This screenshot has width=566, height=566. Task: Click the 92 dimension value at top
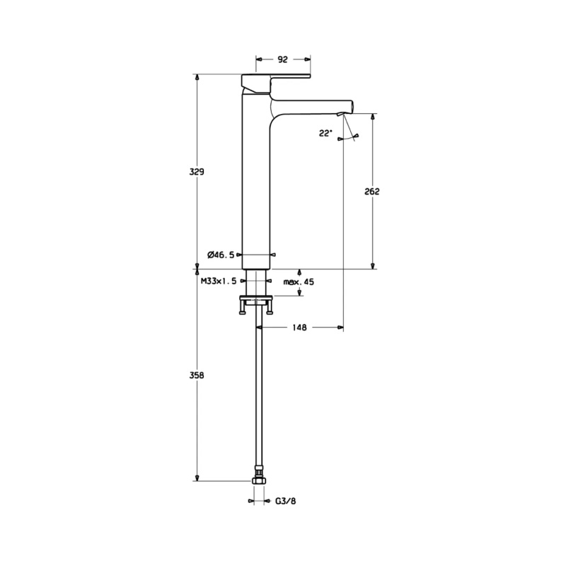[282, 59]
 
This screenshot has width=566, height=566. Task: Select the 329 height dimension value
[197, 171]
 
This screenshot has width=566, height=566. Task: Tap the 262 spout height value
[372, 191]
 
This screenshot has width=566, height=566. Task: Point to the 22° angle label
[325, 133]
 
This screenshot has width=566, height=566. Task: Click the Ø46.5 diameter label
[221, 255]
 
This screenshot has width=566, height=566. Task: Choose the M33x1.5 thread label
[219, 281]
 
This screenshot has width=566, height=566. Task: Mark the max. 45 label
[299, 282]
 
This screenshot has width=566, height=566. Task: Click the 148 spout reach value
[299, 328]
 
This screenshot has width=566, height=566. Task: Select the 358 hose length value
[197, 376]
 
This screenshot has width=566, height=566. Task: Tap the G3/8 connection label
[286, 501]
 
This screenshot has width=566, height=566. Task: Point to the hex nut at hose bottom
[259, 480]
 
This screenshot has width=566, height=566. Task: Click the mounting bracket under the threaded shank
[256, 304]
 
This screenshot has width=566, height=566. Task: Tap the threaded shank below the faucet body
[256, 282]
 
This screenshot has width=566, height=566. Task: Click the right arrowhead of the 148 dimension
[340, 328]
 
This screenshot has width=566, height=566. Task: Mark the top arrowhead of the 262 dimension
[373, 117]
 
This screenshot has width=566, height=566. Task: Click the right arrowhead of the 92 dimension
[307, 59]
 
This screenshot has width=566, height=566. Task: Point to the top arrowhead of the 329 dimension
[197, 78]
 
